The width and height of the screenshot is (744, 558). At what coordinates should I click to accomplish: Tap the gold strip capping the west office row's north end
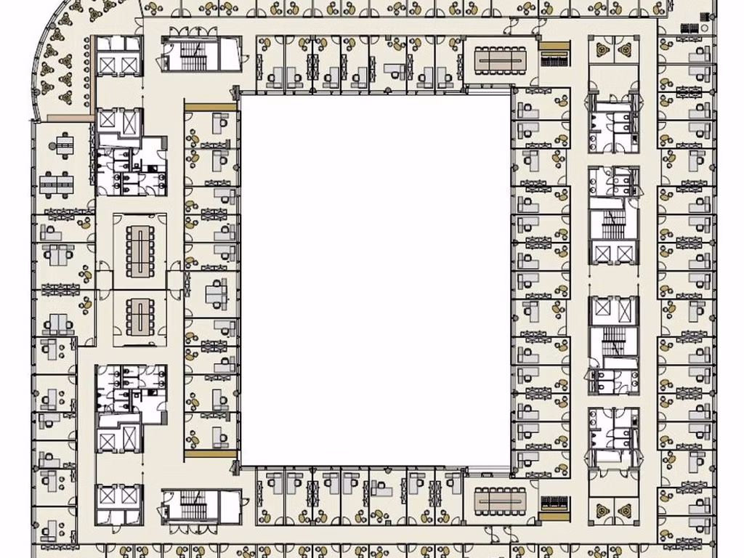pyautogui.click(x=211, y=106)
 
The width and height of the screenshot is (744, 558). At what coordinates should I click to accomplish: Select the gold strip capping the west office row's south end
pyautogui.click(x=211, y=453)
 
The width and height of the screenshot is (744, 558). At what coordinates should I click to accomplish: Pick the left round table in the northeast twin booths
pyautogui.click(x=602, y=49)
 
